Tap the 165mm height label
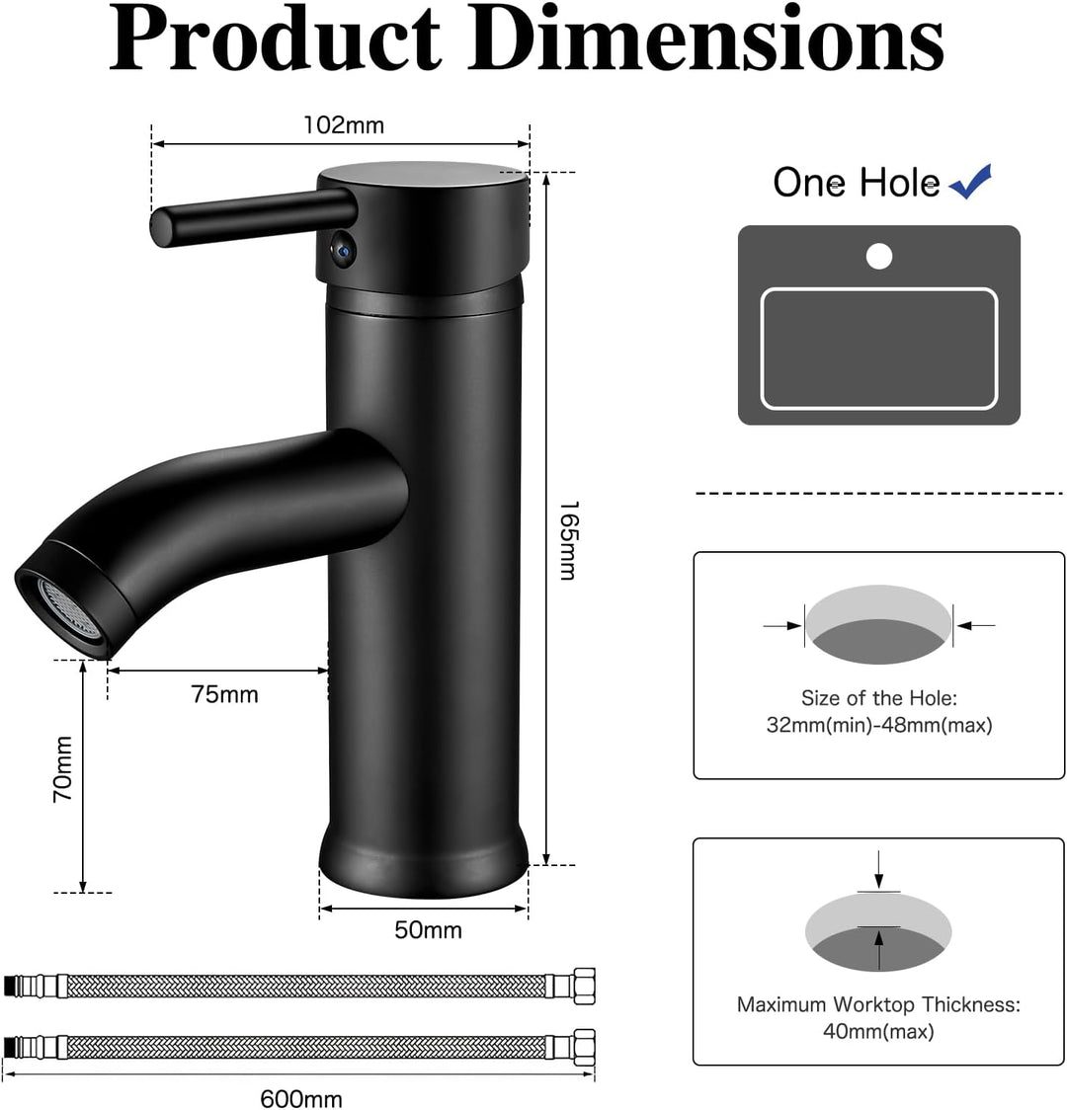567,540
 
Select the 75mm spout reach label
224,694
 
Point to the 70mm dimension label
62,767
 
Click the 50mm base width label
428,929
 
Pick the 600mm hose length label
301,1098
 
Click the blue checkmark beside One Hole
970,182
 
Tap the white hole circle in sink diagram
878,257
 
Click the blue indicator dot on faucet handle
341,251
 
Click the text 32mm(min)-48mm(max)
878,725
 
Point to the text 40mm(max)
878,1031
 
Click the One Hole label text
856,183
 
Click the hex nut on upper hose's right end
584,985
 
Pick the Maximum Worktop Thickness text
878,1004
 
